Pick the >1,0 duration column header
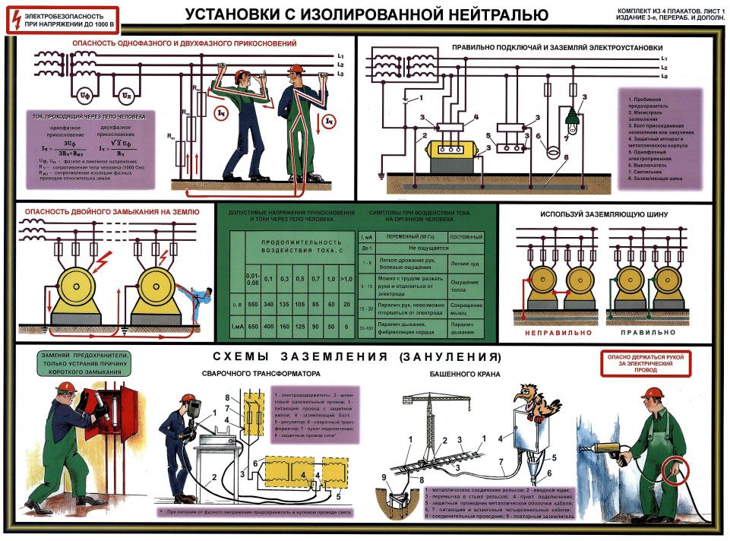tap(348, 279)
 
